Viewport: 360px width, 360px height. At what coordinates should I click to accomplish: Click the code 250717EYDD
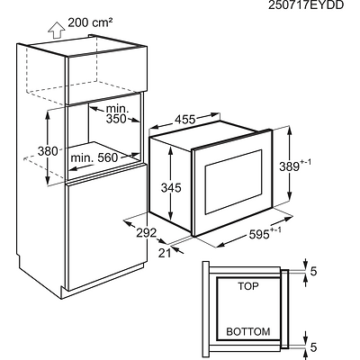tap(306, 5)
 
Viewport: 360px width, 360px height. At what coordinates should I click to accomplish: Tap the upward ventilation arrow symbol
tap(57, 31)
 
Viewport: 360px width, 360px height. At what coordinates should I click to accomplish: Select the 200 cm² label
tap(90, 22)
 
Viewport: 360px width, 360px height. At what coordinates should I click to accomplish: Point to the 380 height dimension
tap(48, 151)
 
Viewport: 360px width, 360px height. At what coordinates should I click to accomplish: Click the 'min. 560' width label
tap(94, 157)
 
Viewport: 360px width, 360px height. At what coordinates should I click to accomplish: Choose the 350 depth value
tap(116, 119)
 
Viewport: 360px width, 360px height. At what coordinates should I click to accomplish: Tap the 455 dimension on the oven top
tap(185, 120)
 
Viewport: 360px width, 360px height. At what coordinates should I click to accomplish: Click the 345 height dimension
tap(171, 188)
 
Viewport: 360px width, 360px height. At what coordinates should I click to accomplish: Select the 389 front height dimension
tap(295, 166)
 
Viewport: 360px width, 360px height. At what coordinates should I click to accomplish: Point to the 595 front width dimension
tap(265, 234)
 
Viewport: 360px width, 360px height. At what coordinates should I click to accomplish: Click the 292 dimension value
tap(147, 232)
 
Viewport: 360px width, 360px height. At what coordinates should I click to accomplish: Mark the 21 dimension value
tap(165, 253)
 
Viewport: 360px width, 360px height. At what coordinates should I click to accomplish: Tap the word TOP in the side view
tap(248, 286)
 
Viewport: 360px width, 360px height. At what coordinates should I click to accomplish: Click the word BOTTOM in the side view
tap(248, 331)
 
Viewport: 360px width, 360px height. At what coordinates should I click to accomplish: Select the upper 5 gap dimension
tap(313, 271)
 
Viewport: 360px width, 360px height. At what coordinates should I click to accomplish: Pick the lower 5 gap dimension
tap(313, 347)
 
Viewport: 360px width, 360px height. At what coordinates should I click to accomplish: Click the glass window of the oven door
tap(233, 182)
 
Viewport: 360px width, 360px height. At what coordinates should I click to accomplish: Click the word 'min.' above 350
tap(117, 108)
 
